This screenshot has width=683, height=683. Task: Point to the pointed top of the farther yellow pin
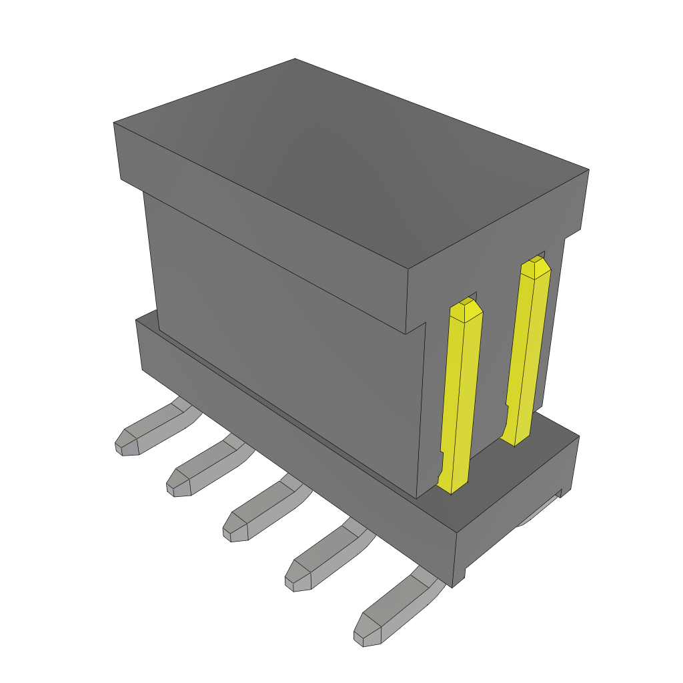point(535,265)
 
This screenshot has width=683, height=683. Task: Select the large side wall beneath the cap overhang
point(280,333)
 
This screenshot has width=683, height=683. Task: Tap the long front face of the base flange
point(293,454)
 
